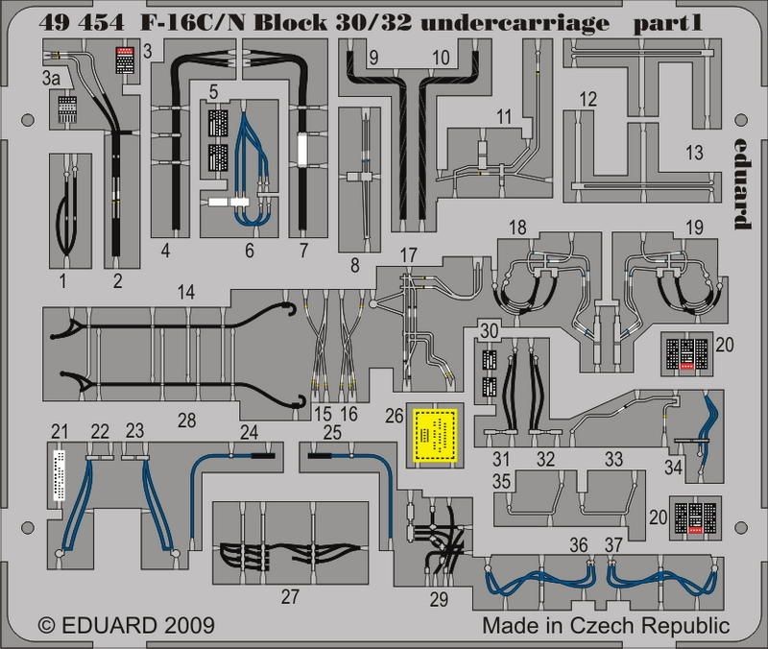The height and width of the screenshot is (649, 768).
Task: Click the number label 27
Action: tap(290, 595)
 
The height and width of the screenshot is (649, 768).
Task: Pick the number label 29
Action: tap(439, 600)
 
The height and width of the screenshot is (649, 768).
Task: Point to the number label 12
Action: tap(588, 98)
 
